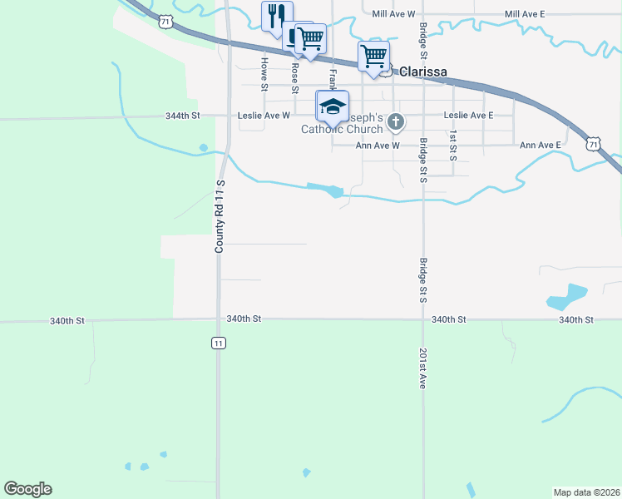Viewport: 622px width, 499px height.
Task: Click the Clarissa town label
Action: click(423, 72)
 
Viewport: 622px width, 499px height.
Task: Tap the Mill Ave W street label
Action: click(393, 14)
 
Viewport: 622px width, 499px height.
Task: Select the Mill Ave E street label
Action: click(525, 14)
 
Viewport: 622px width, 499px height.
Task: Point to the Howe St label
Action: click(264, 74)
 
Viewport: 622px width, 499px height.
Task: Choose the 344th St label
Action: click(183, 116)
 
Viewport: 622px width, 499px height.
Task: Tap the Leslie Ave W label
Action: click(264, 116)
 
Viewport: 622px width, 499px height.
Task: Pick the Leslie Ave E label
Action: click(468, 116)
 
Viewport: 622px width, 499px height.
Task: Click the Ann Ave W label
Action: click(378, 146)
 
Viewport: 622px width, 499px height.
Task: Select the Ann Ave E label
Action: click(541, 146)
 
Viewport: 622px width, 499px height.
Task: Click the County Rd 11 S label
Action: click(220, 216)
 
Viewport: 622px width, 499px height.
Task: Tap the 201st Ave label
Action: click(423, 368)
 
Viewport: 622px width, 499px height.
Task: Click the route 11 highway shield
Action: click(218, 343)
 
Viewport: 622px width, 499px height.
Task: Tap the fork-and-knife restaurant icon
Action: click(277, 15)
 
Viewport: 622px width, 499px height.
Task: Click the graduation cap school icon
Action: click(333, 106)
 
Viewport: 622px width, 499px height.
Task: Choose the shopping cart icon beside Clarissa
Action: click(374, 56)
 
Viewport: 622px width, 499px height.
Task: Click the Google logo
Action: click(27, 489)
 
